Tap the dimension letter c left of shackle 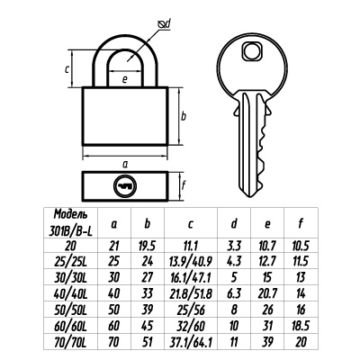(67, 69)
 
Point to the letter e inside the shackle (125, 79)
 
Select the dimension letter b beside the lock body (184, 116)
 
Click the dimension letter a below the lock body (125, 164)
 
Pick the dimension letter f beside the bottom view (184, 185)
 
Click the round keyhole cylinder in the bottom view (125, 186)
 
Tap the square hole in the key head (252, 51)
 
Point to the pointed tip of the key (250, 197)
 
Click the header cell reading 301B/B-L (71, 231)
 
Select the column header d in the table (234, 223)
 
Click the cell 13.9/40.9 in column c (191, 261)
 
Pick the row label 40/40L (71, 293)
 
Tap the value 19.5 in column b (147, 246)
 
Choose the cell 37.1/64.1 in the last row (191, 342)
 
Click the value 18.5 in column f (301, 326)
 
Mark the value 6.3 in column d (234, 293)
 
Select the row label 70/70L (71, 342)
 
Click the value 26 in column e (267, 310)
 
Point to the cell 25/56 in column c (191, 310)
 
